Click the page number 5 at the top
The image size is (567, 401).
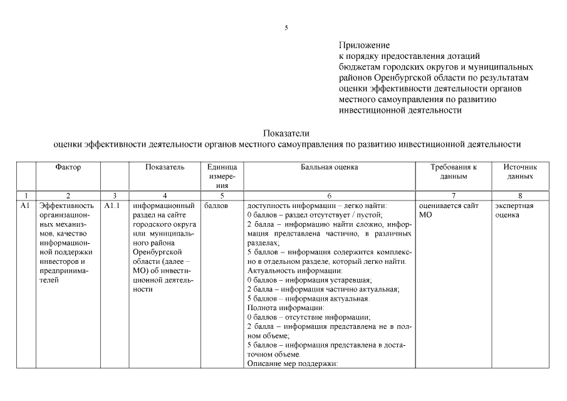tap(286, 28)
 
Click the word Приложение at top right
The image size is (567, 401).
tap(363, 45)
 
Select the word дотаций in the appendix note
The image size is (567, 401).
tap(464, 56)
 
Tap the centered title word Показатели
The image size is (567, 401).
tap(286, 133)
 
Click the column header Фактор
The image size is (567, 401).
tap(68, 167)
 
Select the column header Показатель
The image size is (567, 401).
tap(165, 167)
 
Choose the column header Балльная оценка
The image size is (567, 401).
tap(329, 167)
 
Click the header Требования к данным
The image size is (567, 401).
tap(453, 172)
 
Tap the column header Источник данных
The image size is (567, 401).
tap(520, 172)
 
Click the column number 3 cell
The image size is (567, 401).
tap(114, 196)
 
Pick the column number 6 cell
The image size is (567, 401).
tap(329, 196)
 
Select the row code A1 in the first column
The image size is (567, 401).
tap(25, 206)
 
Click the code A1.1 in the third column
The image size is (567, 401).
tap(112, 206)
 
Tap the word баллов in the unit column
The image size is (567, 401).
tap(216, 206)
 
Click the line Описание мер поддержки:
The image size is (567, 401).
tap(293, 364)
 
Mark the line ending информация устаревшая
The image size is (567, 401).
tap(310, 280)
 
